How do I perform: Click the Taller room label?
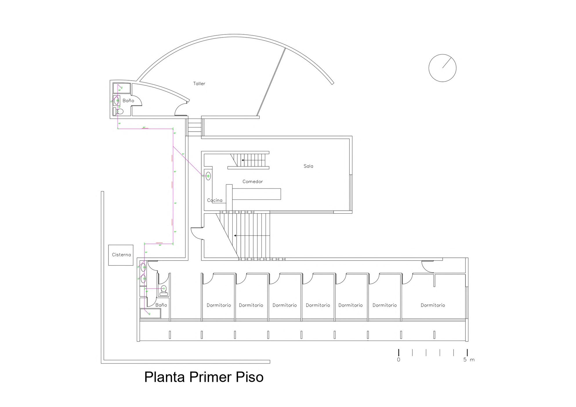coord(199,83)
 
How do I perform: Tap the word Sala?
coord(308,166)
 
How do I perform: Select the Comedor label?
coord(252,181)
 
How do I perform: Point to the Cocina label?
coord(215,200)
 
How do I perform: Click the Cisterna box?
coord(121,255)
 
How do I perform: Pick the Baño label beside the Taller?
coord(128,101)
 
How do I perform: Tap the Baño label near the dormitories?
coord(161,305)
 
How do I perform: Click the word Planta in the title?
coord(164,377)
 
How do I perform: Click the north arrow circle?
coord(442,68)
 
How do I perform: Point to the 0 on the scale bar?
coord(399,360)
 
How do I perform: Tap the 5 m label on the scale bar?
coord(469,360)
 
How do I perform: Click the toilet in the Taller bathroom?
coord(119,111)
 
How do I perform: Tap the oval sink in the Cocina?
coord(208,176)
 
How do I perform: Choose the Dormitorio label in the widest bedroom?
coord(433,305)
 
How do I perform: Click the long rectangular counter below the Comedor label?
coord(256,194)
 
